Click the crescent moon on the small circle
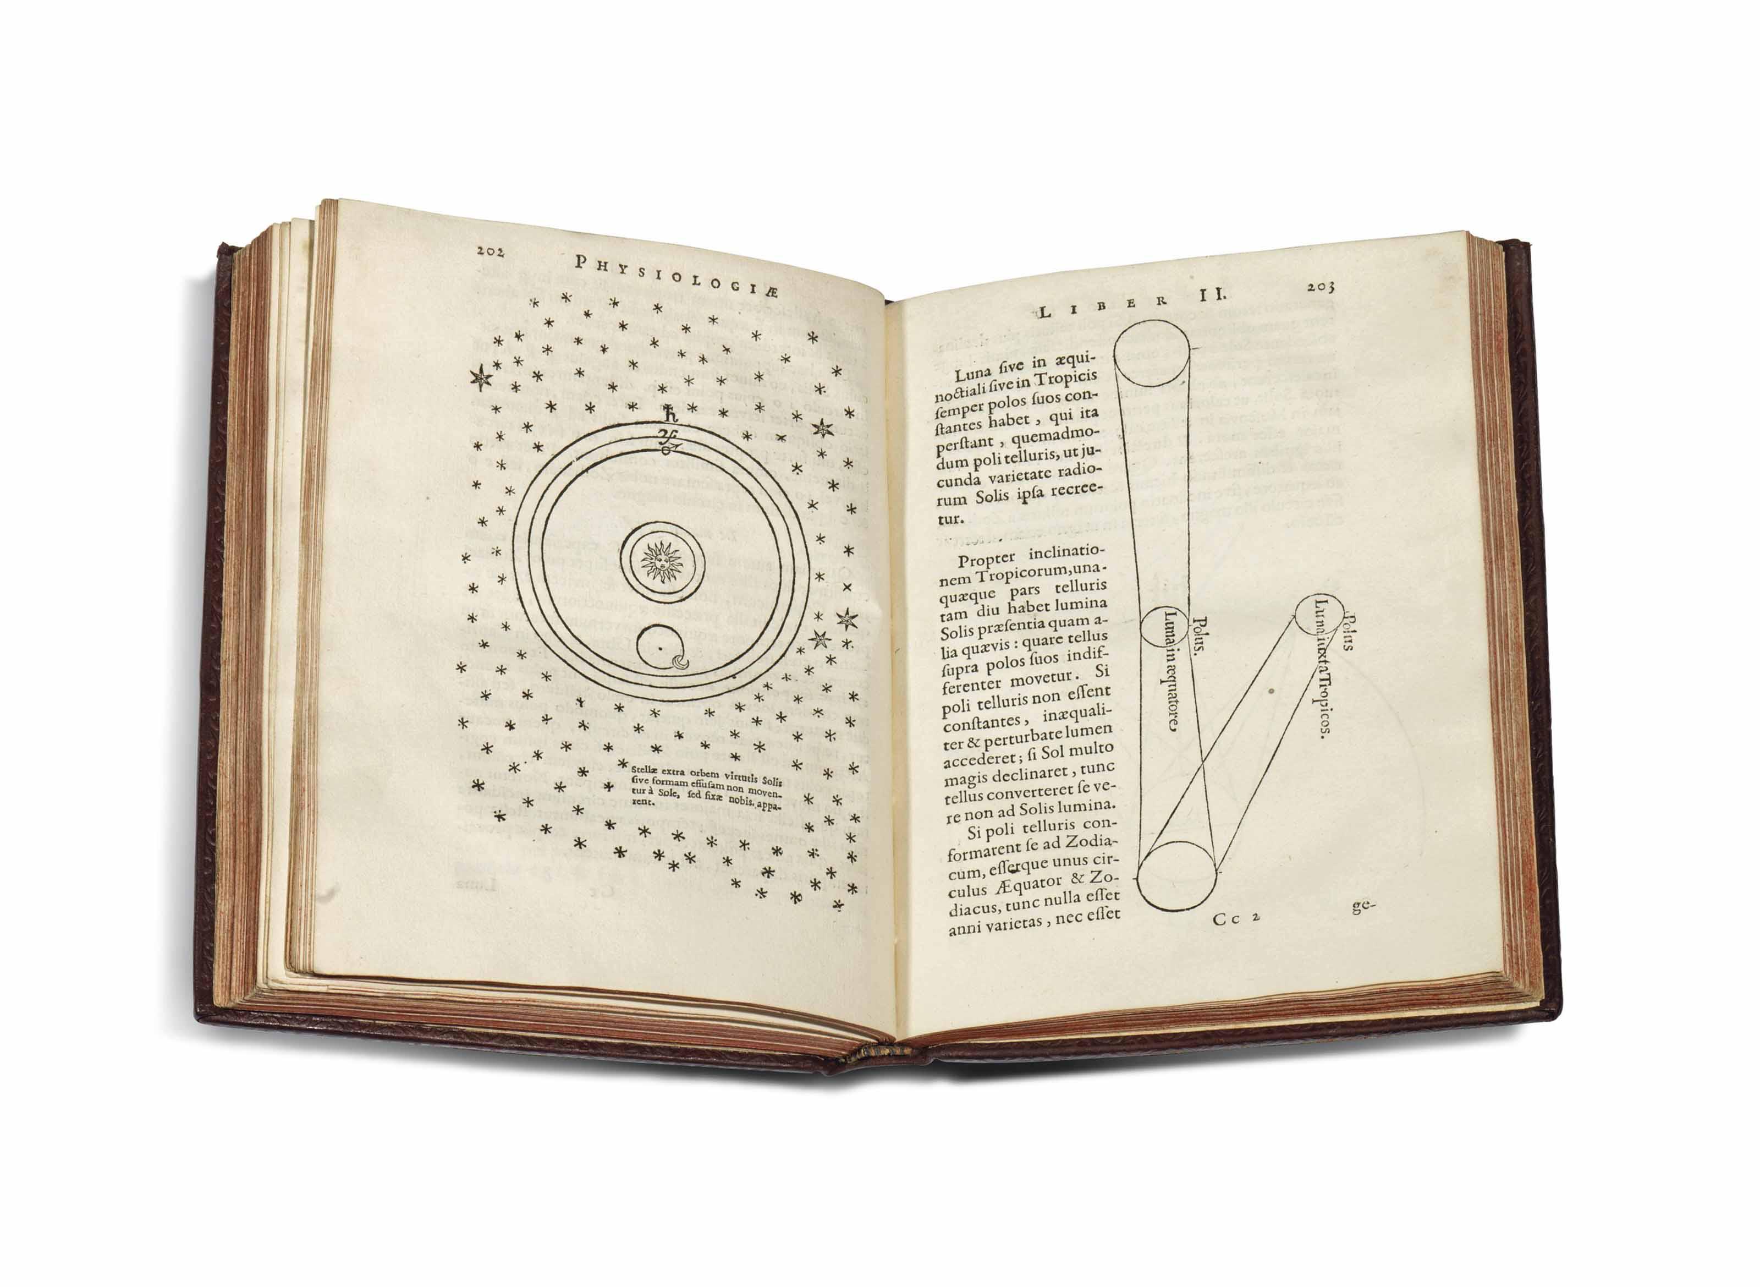tap(681, 663)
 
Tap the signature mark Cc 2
tap(1236, 918)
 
